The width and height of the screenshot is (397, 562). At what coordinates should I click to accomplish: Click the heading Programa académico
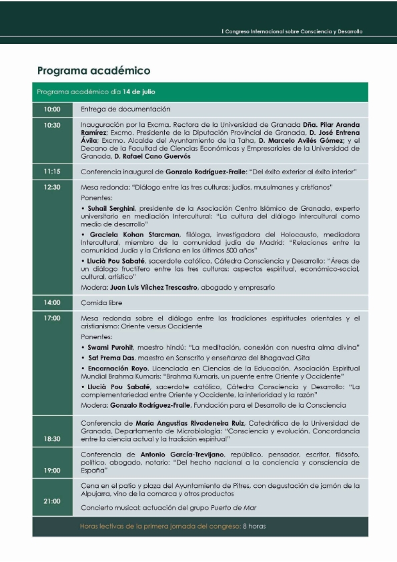[93, 70]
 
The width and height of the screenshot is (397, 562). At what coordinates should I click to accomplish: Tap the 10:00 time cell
[52, 109]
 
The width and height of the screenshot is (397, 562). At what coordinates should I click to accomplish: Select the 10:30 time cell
[52, 125]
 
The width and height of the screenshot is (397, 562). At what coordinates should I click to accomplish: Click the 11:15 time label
[52, 172]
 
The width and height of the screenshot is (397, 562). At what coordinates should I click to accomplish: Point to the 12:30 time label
[52, 188]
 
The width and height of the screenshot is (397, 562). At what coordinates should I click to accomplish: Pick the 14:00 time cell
[52, 302]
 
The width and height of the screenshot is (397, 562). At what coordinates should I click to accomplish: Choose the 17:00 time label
[52, 318]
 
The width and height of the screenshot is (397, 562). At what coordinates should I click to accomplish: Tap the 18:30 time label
[52, 439]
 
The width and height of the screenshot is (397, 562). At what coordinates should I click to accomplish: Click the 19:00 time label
[52, 470]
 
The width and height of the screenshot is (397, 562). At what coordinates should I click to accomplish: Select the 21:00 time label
[52, 501]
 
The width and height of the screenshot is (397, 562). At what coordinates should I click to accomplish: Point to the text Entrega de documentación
[125, 109]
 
